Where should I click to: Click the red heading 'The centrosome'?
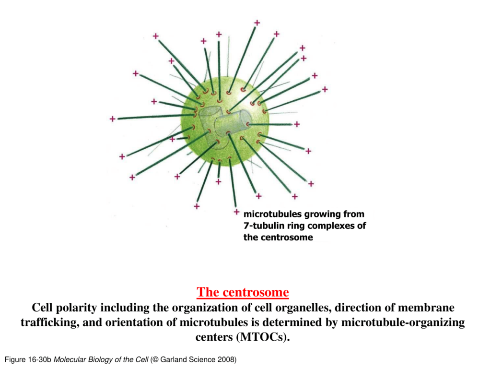[243, 292]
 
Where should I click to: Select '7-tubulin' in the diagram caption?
[264, 226]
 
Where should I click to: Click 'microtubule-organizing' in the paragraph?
[403, 322]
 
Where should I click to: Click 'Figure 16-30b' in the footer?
[28, 359]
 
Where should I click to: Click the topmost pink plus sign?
[257, 23]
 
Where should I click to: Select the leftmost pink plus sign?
[112, 119]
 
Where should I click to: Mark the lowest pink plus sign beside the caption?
[237, 213]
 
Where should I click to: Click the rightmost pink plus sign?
[325, 89]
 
